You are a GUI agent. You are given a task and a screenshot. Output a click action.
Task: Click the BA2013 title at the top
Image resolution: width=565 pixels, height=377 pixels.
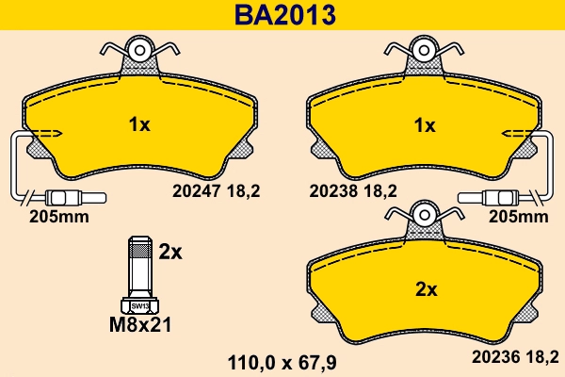[282, 15]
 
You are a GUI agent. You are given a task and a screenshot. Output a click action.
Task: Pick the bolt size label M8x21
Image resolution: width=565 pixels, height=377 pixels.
[140, 327]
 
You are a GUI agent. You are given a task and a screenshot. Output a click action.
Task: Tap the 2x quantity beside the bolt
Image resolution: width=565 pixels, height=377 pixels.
[169, 252]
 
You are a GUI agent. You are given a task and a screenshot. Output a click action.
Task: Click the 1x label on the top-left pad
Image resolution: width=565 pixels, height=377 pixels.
[138, 123]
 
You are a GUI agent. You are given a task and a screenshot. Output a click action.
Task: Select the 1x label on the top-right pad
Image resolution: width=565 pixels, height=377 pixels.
[425, 124]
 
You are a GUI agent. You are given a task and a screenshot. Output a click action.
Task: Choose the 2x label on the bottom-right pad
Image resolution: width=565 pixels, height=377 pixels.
[427, 289]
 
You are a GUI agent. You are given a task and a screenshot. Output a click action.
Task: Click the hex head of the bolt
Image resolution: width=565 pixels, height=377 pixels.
[139, 305]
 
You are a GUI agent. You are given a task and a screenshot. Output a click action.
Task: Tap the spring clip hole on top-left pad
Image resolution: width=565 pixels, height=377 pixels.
[138, 49]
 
